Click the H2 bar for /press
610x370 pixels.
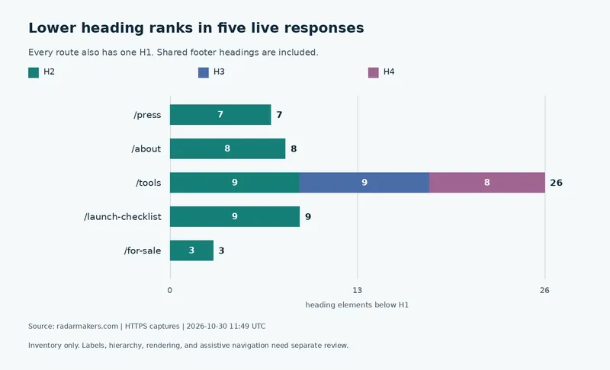220,114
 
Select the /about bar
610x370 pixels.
227,148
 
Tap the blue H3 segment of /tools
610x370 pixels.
364,183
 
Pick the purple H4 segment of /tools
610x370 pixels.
487,183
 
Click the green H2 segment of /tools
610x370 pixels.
235,183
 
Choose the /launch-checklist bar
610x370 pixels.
235,217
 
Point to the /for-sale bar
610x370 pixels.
191,250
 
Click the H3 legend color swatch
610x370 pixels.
204,72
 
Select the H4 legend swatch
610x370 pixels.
374,72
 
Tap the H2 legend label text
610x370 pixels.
49,72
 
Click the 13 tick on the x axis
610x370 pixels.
357,290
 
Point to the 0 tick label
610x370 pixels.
169,290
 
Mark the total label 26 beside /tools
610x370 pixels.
556,183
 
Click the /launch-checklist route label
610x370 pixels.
123,217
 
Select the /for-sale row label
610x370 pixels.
143,250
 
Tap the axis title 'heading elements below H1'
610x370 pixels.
357,305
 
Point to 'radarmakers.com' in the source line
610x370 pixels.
88,327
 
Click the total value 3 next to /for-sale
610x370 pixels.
221,250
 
